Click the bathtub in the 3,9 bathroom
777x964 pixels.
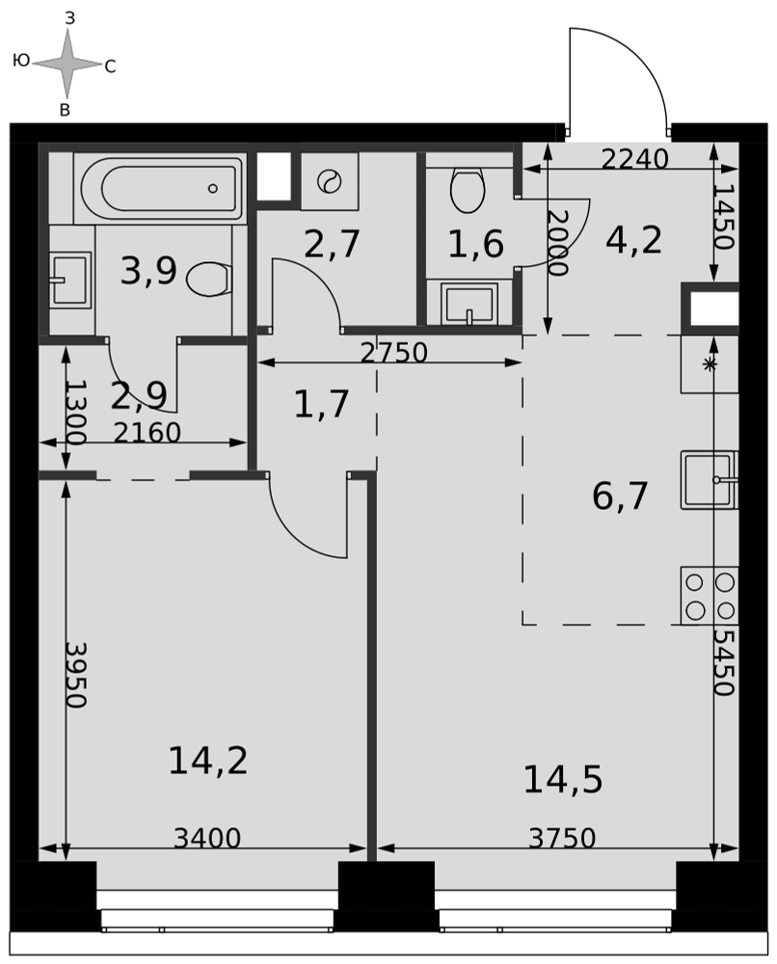coord(160,188)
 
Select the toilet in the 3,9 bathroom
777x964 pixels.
coord(208,280)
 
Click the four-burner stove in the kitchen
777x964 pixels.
coord(710,596)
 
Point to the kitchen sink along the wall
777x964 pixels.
coord(710,480)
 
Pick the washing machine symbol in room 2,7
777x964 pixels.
coord(330,181)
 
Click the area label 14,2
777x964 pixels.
coord(208,761)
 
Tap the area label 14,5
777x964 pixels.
coord(562,780)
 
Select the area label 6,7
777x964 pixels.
coord(620,496)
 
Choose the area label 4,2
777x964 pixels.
coord(633,240)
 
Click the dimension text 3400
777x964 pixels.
coord(207,838)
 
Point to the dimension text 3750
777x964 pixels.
coord(562,838)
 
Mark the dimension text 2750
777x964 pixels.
coord(394,352)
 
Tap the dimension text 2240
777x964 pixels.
coord(635,159)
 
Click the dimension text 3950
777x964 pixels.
coord(76,675)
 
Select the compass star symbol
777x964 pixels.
coord(67,64)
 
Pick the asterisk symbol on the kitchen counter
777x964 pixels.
coord(710,364)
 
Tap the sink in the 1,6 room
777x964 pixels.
coord(470,304)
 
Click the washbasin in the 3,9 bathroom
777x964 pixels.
coord(70,280)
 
